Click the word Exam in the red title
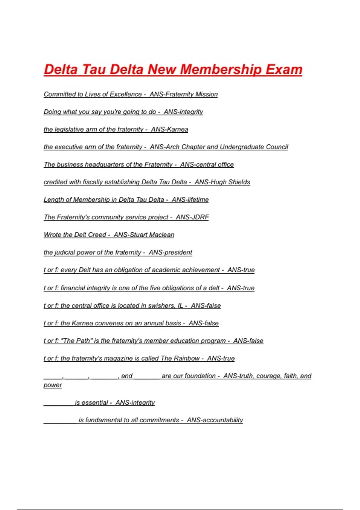pyautogui.click(x=284, y=69)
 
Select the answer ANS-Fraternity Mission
pyautogui.click(x=184, y=94)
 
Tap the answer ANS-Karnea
pyautogui.click(x=169, y=129)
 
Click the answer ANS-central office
pyautogui.click(x=207, y=164)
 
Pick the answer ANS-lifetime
pyautogui.click(x=190, y=199)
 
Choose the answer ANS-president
pyautogui.click(x=170, y=252)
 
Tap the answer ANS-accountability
pyautogui.click(x=215, y=420)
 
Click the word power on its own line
pyautogui.click(x=53, y=385)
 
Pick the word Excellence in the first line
pyautogui.click(x=126, y=94)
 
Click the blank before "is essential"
pyautogui.click(x=58, y=403)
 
